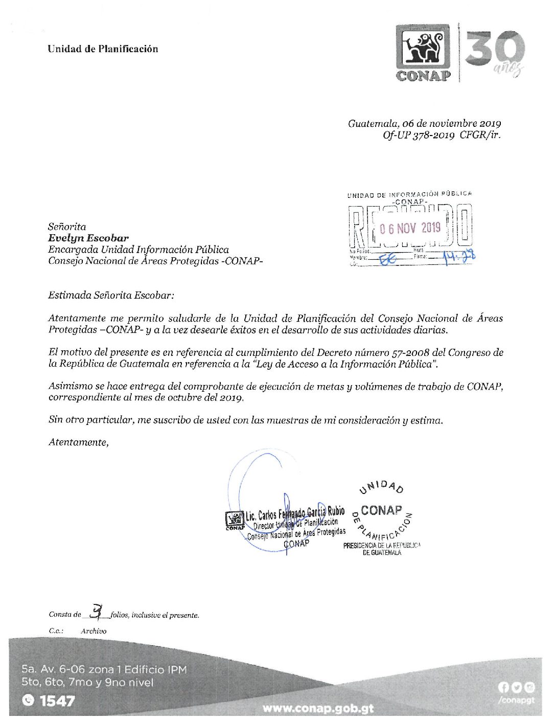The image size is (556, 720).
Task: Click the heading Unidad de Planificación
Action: tap(103, 49)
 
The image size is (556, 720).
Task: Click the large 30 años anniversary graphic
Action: tap(495, 53)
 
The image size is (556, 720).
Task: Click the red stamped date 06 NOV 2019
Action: tap(410, 228)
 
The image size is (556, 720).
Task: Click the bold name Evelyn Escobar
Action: tap(88, 238)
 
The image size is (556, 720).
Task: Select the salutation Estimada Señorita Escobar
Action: tap(111, 296)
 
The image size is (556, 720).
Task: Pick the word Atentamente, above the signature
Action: tap(79, 443)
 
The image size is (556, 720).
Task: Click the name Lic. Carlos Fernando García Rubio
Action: tap(295, 513)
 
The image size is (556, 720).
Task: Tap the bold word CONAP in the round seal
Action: tap(381, 510)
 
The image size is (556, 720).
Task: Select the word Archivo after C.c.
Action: tap(94, 632)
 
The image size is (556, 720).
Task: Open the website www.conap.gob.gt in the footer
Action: tap(318, 709)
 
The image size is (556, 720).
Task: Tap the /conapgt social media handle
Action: tap(516, 700)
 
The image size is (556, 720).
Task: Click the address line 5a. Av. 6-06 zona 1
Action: tap(104, 669)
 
